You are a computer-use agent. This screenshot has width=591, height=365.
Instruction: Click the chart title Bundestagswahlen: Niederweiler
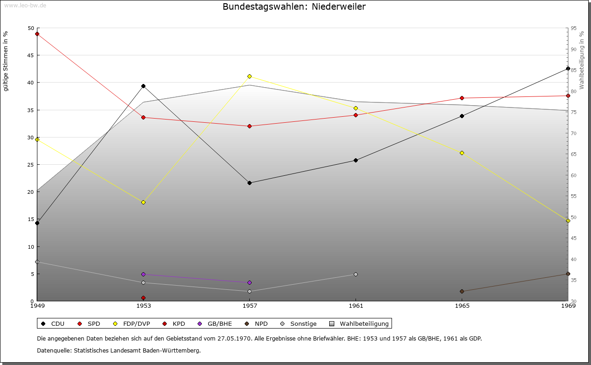[x=294, y=7]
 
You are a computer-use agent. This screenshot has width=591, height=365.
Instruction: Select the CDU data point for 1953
[x=143, y=86]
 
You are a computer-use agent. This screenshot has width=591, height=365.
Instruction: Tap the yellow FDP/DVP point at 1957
[x=249, y=76]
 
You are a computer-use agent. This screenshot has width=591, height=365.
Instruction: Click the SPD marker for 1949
[x=37, y=34]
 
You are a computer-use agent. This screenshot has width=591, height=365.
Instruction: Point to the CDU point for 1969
[x=568, y=68]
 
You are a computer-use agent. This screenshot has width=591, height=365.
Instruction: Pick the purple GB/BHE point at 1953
[x=143, y=274]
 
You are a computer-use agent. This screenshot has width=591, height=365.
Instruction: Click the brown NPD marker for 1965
[x=462, y=291]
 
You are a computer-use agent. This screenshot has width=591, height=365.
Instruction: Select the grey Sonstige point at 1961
[x=356, y=274]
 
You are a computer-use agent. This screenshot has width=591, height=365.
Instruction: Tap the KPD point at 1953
[x=143, y=298]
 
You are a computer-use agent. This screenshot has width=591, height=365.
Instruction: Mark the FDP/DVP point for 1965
[x=462, y=153]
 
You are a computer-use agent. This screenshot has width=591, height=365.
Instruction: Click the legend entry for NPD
[x=257, y=324]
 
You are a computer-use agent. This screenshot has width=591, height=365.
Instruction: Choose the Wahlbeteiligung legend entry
[x=360, y=324]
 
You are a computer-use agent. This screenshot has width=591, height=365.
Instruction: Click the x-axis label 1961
[x=356, y=305]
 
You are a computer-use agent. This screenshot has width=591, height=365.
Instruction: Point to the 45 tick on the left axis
[x=31, y=55]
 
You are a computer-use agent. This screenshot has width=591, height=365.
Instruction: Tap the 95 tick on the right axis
[x=573, y=28]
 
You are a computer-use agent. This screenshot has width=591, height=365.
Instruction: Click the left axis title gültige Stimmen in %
[x=6, y=61]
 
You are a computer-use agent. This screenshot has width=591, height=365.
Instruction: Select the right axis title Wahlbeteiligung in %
[x=582, y=60]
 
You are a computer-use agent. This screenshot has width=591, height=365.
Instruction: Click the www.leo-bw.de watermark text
[x=24, y=5]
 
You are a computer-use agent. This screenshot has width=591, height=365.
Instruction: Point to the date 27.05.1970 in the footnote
[x=234, y=339]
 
